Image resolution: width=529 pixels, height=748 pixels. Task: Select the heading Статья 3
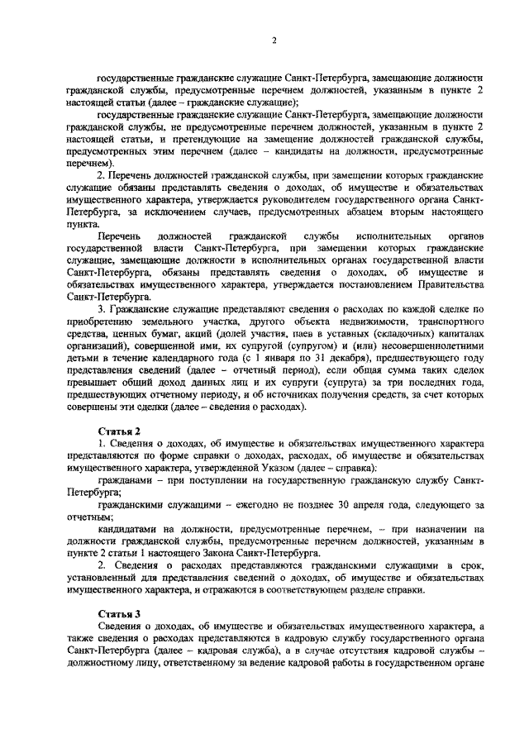point(120,615)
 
